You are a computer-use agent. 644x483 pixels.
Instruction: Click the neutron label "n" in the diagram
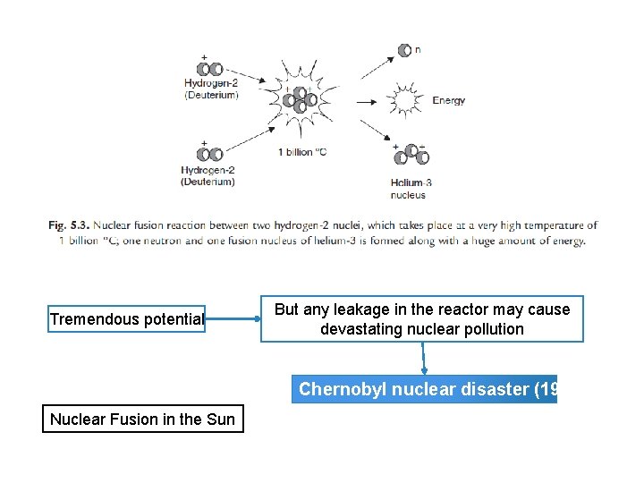(x=418, y=50)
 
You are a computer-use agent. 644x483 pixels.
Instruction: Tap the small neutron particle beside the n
(x=405, y=51)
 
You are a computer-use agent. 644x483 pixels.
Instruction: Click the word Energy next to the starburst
(x=448, y=100)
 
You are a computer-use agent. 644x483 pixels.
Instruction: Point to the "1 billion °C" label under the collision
(x=302, y=151)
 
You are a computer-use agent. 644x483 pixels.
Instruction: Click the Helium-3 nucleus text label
(x=411, y=189)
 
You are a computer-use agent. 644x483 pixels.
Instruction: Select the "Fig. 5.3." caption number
(x=69, y=226)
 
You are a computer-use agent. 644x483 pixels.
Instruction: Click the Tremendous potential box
(x=127, y=319)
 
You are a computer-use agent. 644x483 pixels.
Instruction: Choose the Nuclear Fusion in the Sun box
(x=142, y=419)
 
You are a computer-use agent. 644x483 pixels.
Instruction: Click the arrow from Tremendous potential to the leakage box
(x=233, y=319)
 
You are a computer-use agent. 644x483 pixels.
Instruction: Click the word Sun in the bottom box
(x=220, y=419)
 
